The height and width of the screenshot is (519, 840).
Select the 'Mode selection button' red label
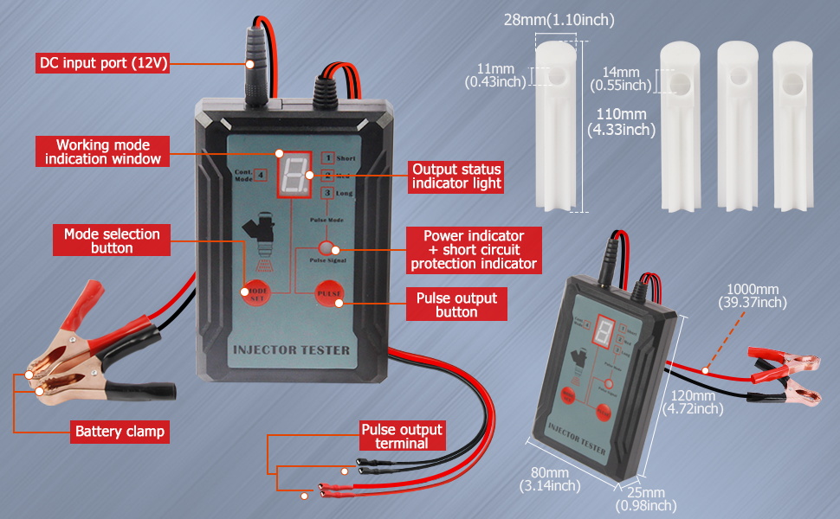tap(112, 240)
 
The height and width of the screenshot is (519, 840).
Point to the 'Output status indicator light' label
tap(456, 176)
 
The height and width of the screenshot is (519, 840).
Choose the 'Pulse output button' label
tap(456, 304)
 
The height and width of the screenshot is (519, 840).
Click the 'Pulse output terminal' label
tap(402, 437)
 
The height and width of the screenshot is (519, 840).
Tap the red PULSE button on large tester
tap(329, 295)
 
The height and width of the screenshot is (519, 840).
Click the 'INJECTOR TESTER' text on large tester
tap(290, 351)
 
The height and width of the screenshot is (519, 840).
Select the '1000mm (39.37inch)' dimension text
tap(753, 296)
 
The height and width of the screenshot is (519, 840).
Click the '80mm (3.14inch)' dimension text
tap(551, 479)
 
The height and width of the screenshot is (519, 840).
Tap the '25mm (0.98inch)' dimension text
tap(645, 499)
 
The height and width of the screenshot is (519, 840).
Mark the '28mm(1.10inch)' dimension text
tap(560, 20)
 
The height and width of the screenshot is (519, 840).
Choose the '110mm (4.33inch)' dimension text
tap(621, 122)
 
